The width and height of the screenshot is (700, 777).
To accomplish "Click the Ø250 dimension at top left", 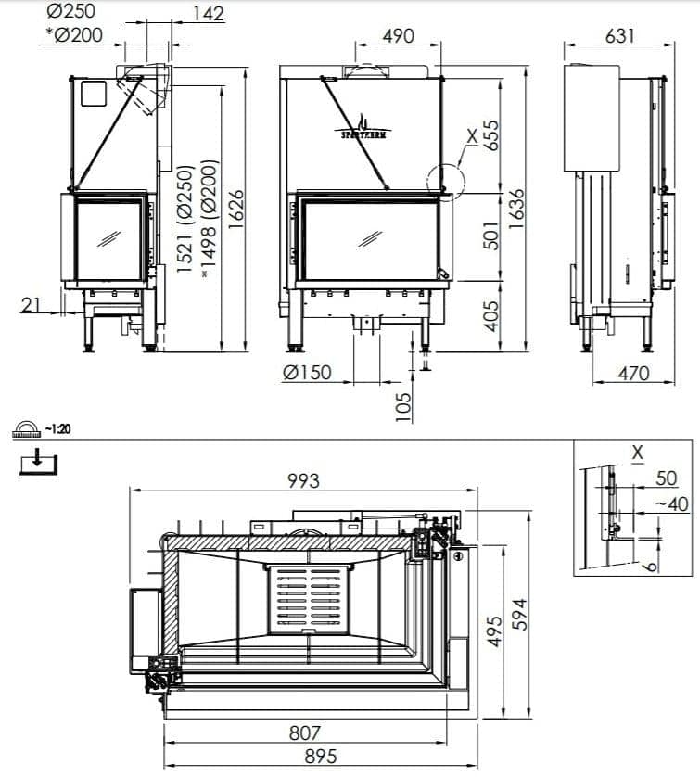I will pyautogui.click(x=70, y=12).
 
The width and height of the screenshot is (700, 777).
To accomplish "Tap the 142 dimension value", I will pyautogui.click(x=209, y=13).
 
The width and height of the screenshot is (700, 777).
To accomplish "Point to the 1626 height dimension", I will pyautogui.click(x=235, y=210).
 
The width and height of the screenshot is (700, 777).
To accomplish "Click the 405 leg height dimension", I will pyautogui.click(x=491, y=315).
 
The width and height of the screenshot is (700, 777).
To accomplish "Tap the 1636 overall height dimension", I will pyautogui.click(x=517, y=210).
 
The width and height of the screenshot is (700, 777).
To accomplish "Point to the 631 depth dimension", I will pyautogui.click(x=619, y=35).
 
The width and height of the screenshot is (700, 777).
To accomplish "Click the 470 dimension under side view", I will pyautogui.click(x=633, y=373).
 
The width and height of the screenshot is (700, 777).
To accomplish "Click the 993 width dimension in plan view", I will pyautogui.click(x=303, y=479).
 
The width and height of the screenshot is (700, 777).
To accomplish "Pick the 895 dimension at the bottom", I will pyautogui.click(x=321, y=757).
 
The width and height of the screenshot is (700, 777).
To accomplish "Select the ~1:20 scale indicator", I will pyautogui.click(x=44, y=429).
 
